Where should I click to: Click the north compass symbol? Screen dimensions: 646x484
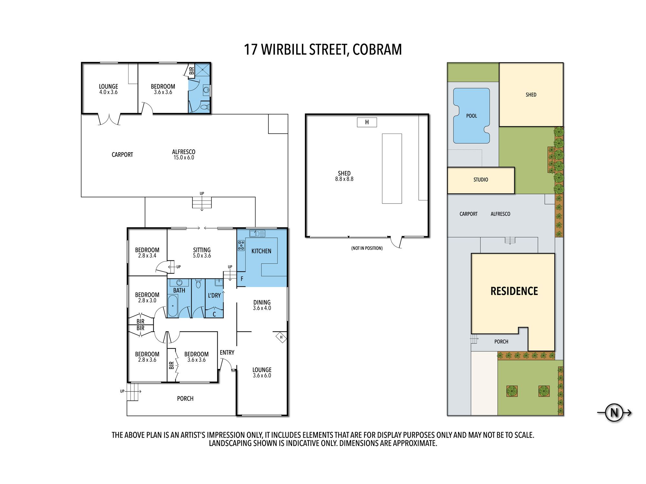click(614, 412)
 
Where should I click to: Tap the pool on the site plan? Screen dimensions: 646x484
click(472, 116)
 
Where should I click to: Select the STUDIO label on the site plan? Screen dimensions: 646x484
click(481, 180)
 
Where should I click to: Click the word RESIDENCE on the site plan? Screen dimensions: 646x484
click(514, 291)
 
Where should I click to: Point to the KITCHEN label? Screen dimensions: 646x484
click(261, 251)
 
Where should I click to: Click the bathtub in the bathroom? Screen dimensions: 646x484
click(173, 306)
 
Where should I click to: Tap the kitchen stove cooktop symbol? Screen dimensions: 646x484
click(241, 245)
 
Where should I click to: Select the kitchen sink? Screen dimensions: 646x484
click(257, 233)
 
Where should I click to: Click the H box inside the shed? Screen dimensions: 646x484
click(367, 122)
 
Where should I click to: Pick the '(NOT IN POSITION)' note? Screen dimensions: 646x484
click(367, 248)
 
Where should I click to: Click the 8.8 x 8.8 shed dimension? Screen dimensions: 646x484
click(344, 179)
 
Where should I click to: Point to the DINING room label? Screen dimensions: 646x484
click(262, 302)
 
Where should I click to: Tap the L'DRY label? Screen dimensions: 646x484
click(214, 295)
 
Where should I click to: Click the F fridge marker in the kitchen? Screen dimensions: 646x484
click(242, 279)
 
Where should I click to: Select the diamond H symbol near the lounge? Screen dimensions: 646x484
click(281, 337)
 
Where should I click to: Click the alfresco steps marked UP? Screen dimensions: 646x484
click(202, 202)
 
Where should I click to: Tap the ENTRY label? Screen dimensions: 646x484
click(227, 353)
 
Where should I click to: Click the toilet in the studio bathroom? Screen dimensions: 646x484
click(205, 107)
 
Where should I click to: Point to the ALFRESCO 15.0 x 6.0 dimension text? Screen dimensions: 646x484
click(184, 157)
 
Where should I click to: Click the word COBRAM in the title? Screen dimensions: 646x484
click(377, 50)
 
